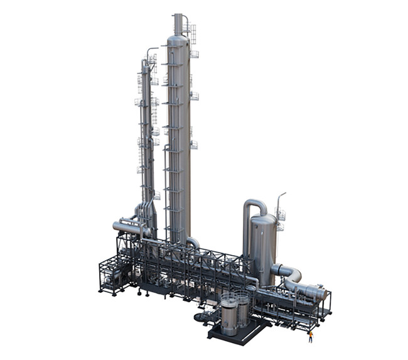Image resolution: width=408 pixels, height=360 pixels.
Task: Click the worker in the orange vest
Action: [310, 337]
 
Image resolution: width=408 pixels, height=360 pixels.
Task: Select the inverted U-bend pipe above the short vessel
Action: [254, 205]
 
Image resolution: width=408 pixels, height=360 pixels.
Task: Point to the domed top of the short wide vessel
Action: [264, 220]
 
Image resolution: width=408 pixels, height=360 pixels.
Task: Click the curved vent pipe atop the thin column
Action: [151, 50]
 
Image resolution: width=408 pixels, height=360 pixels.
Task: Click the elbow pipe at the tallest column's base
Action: [193, 243]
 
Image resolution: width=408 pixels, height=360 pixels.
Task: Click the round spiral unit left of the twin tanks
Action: [203, 317]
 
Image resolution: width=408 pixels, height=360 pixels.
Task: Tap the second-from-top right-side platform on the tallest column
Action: [195, 95]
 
